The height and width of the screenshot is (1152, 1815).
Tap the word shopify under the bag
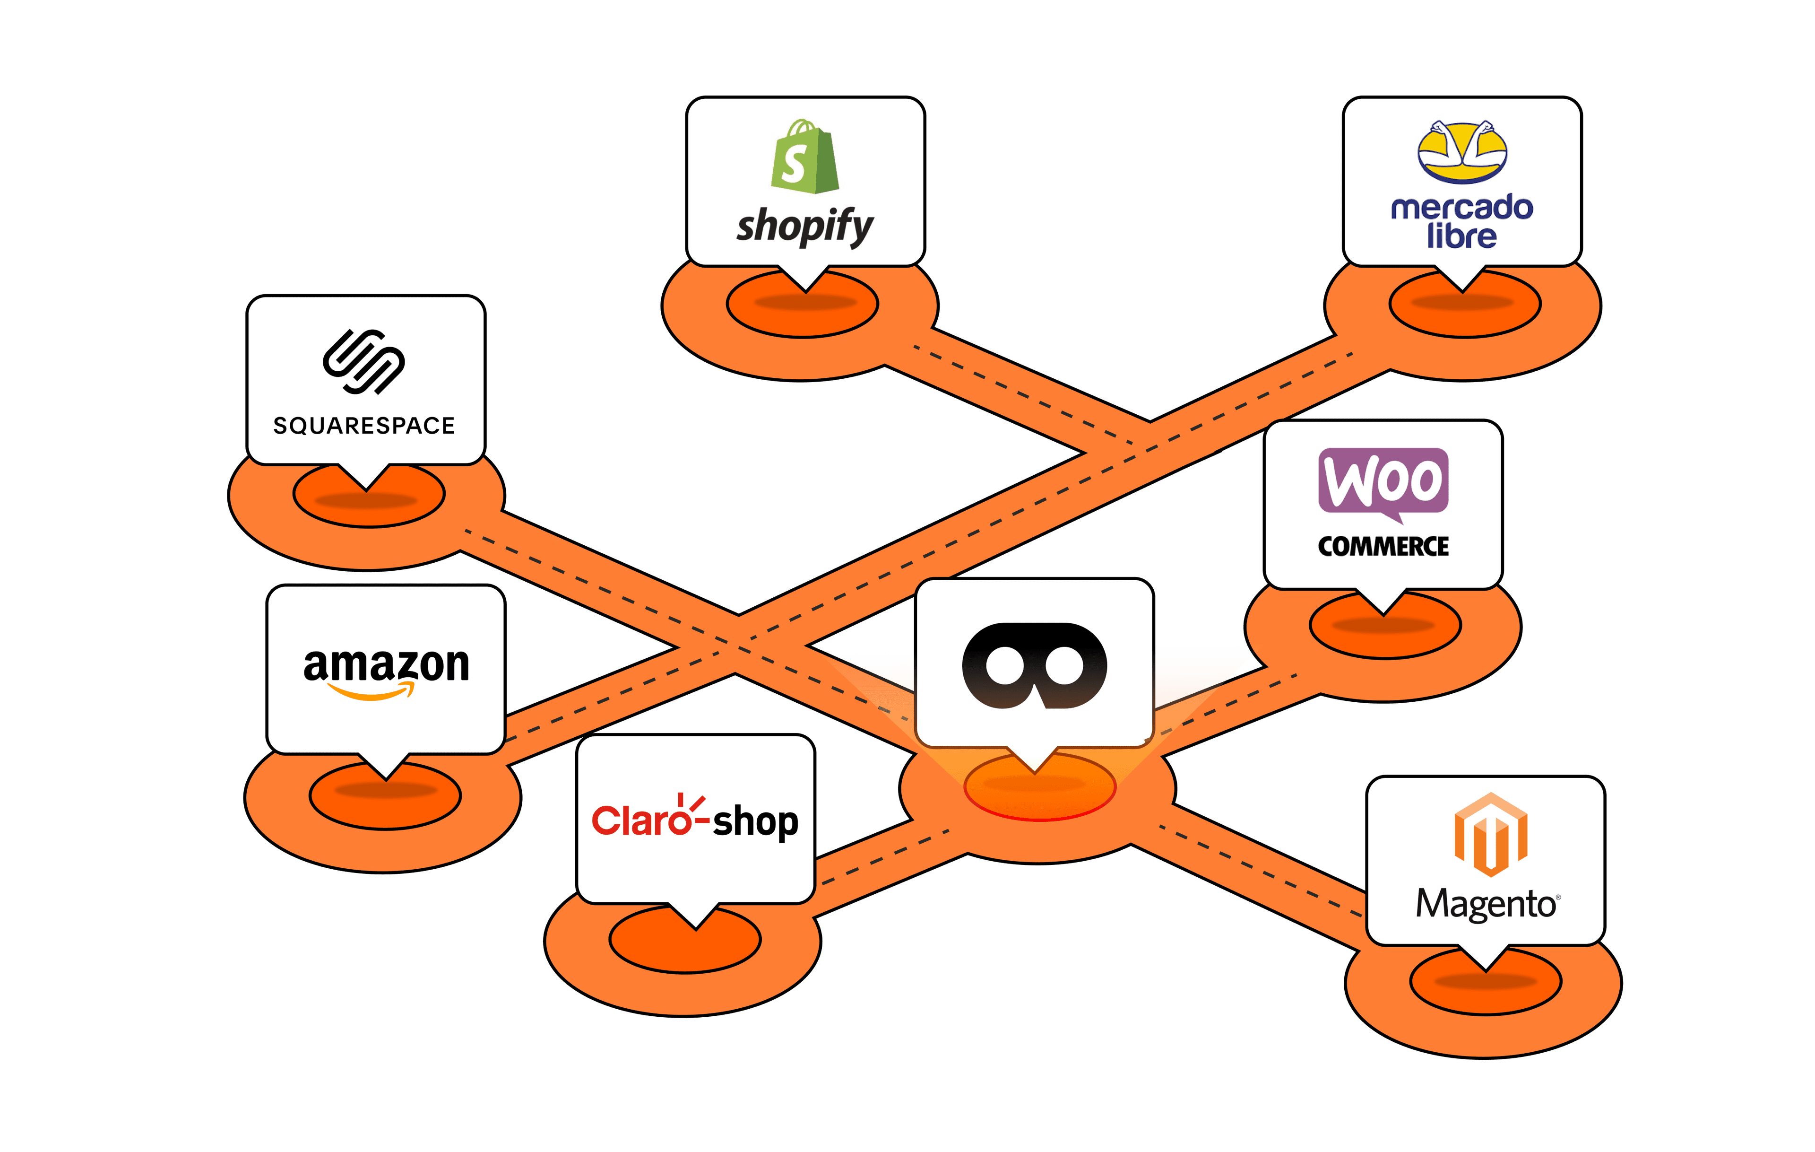click(x=805, y=226)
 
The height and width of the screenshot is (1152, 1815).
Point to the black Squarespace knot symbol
click(x=364, y=362)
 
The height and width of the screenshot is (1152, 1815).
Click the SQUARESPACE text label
click(x=364, y=426)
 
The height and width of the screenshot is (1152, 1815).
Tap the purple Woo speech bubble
click(x=1383, y=482)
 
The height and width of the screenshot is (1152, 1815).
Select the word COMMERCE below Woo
click(x=1383, y=547)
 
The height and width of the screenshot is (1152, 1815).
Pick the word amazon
click(x=386, y=664)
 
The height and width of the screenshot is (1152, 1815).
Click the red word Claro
click(x=640, y=821)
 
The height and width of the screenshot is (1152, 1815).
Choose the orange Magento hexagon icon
click(x=1490, y=835)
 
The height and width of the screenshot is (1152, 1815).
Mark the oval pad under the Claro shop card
click(x=684, y=947)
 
